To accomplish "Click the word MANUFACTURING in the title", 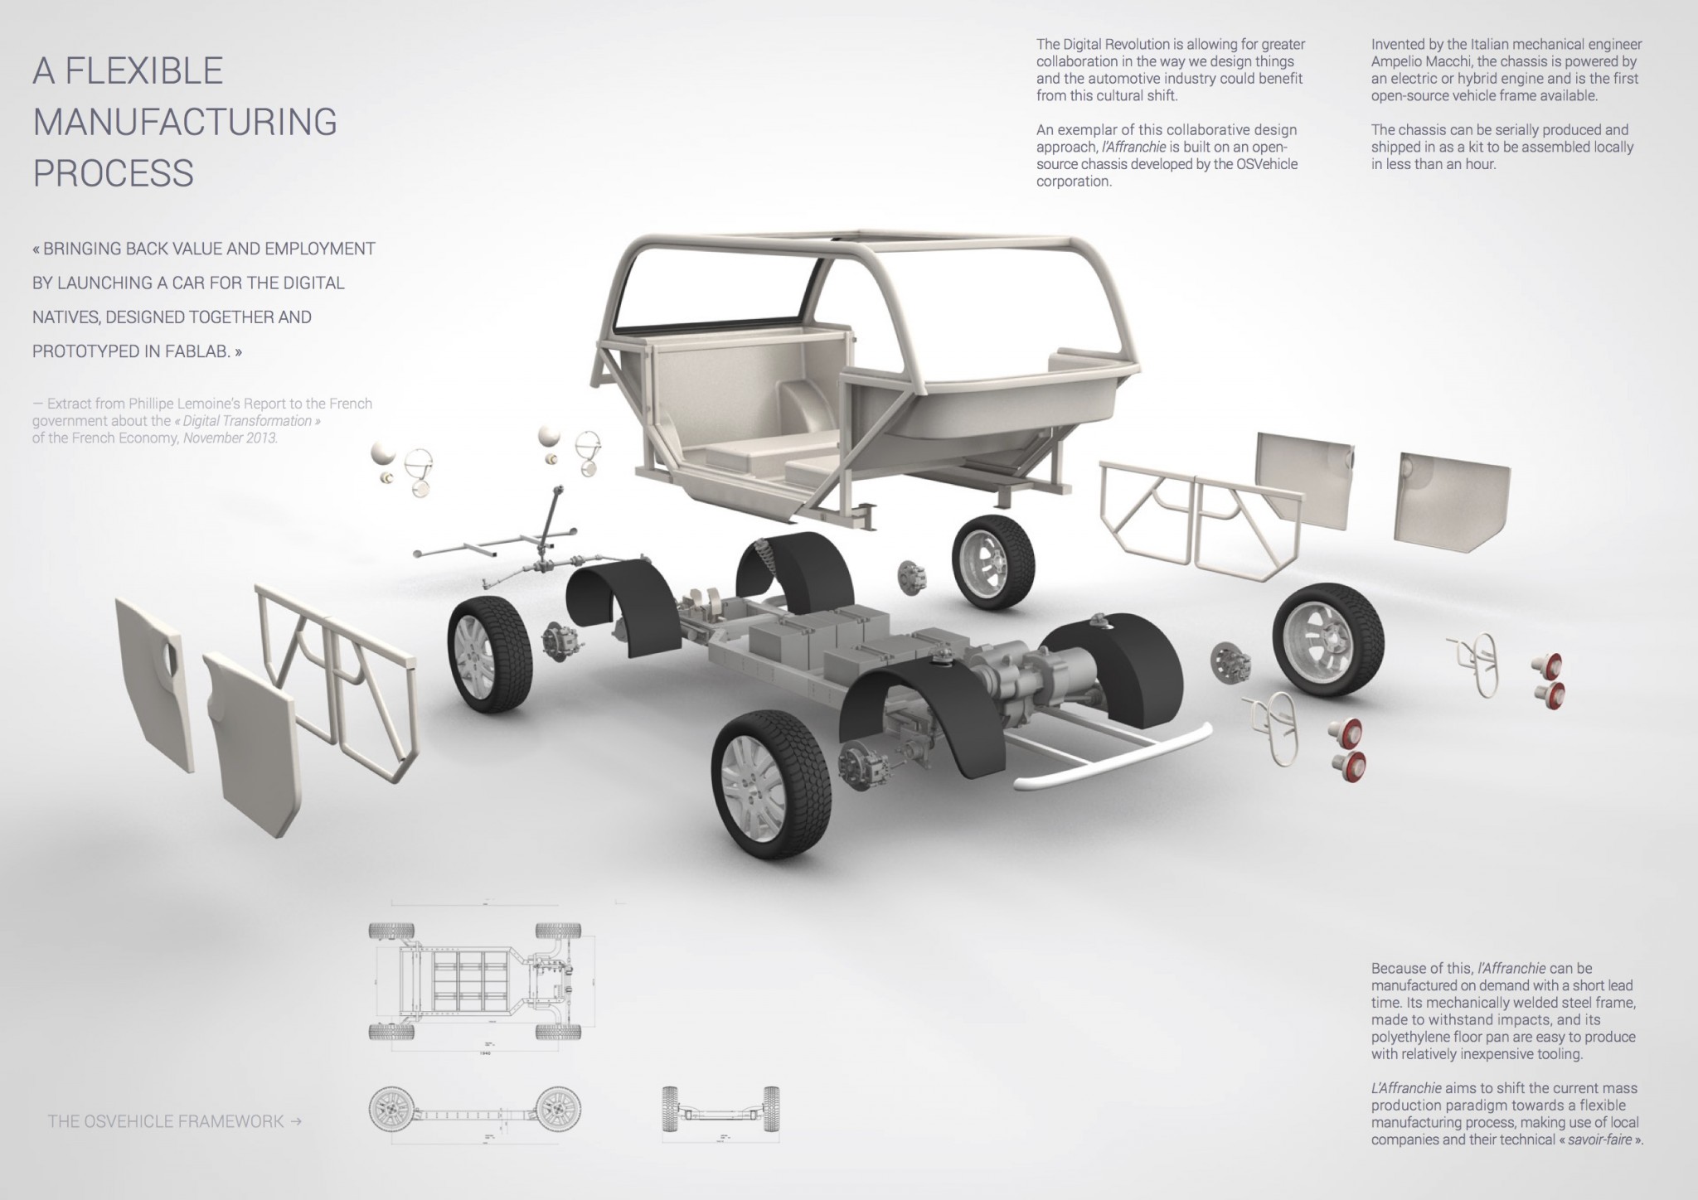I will pyautogui.click(x=184, y=122).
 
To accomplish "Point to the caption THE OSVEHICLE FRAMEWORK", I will pyautogui.click(x=166, y=1121).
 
